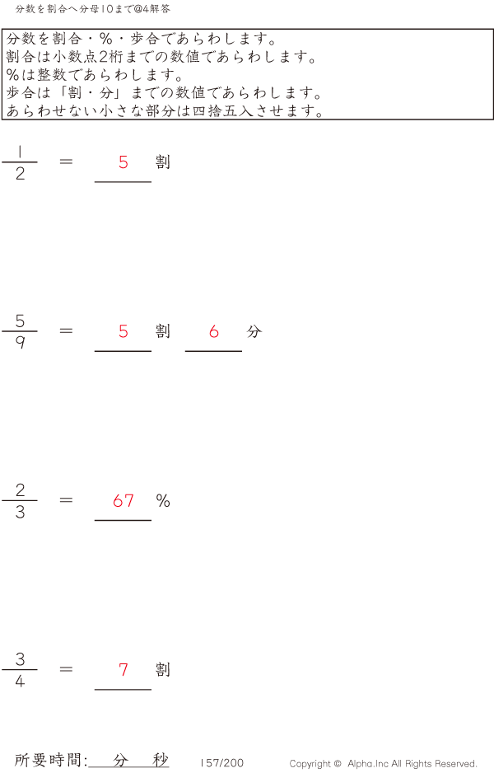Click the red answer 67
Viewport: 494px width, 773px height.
pos(123,500)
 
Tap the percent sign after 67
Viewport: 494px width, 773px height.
pos(163,500)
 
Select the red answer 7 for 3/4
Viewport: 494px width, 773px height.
pos(123,669)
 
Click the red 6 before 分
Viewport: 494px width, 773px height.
pos(214,331)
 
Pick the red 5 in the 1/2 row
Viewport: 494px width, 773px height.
pos(123,162)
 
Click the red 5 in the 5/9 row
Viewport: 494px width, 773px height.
pos(123,331)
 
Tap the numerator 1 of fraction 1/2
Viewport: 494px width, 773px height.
pos(20,151)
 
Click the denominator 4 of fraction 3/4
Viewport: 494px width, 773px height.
pos(20,682)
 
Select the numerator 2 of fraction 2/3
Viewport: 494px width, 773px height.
pos(20,490)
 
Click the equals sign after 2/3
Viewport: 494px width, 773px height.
pos(67,500)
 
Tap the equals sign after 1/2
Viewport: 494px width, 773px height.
pos(67,162)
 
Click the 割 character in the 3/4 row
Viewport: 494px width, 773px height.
pos(163,669)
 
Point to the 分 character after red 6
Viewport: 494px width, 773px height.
pos(254,331)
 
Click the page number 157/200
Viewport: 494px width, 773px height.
pos(222,763)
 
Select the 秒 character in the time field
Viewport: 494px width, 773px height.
pos(160,760)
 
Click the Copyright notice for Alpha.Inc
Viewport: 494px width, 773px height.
pos(383,764)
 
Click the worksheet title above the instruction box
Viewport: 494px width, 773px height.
pos(93,8)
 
